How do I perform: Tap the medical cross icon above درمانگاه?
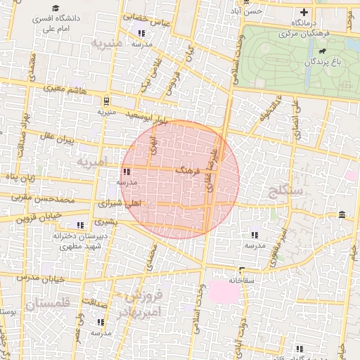click(304, 12)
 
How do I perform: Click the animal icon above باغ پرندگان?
click(322, 51)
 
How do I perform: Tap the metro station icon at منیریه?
click(105, 100)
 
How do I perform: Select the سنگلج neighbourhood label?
click(285, 190)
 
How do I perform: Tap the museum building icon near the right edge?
click(342, 214)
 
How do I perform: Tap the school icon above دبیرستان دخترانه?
click(80, 225)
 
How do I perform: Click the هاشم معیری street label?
click(65, 89)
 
